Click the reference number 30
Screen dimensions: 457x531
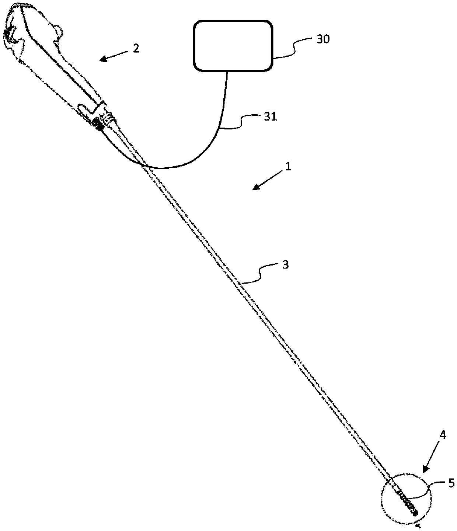click(x=323, y=40)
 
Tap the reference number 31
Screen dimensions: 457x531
click(x=271, y=117)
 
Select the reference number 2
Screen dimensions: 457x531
click(x=136, y=48)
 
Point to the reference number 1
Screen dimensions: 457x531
click(x=288, y=167)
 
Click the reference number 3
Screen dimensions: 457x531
click(x=285, y=265)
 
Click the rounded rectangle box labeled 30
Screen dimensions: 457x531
click(x=233, y=46)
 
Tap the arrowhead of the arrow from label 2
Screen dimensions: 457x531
click(x=103, y=59)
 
